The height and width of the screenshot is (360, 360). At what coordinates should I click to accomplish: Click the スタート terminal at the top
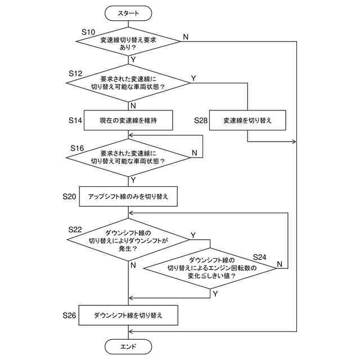point(128,13)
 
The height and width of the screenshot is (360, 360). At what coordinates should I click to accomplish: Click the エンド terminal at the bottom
point(128,346)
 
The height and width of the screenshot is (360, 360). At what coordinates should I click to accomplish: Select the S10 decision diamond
point(128,42)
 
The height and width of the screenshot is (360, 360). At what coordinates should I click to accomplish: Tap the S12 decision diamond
point(128,83)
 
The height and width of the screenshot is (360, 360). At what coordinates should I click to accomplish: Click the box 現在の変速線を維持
point(128,120)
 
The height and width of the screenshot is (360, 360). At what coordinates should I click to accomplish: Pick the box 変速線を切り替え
point(247,120)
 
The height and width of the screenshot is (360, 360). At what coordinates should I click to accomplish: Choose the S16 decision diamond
point(128,157)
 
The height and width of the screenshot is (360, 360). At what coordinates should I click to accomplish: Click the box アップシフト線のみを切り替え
point(128,196)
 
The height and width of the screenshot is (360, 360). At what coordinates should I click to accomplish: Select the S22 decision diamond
point(128,240)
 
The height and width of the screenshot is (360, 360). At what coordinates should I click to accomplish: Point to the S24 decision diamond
point(210,268)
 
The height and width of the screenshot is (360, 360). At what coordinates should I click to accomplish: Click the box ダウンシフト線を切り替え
point(128,315)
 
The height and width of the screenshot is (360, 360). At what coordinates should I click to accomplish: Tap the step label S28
point(201,120)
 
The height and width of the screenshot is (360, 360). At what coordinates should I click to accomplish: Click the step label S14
point(75,120)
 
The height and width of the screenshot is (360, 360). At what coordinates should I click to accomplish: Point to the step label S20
point(69,196)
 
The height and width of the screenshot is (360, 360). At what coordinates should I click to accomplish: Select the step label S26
point(69,315)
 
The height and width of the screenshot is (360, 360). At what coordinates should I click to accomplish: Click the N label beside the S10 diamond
point(186,37)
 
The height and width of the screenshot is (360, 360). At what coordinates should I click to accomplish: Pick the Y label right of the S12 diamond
point(193,78)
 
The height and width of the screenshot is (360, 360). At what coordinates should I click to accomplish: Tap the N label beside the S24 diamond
point(280,264)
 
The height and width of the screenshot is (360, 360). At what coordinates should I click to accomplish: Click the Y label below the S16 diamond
point(133,180)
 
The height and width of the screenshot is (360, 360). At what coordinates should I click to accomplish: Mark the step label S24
point(259,257)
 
